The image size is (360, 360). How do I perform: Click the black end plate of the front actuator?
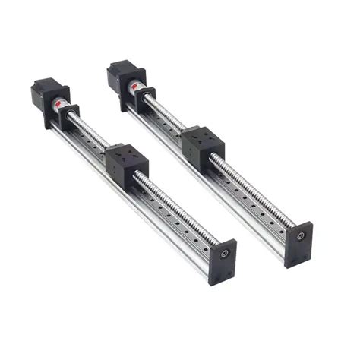point(223,261)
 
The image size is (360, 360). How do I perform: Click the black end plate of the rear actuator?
point(298,242)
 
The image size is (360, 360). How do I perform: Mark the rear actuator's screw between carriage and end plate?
point(251,185)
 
